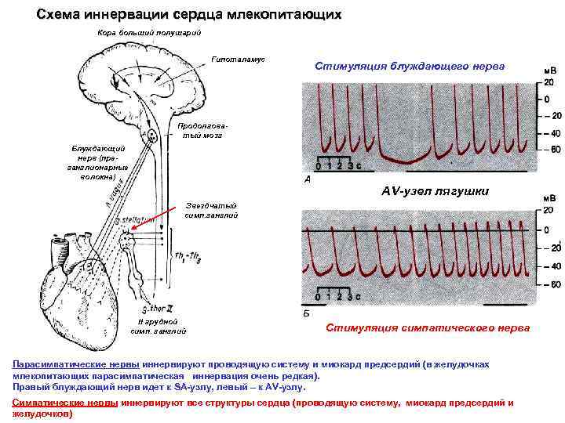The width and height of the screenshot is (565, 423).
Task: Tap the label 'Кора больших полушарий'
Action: [149, 33]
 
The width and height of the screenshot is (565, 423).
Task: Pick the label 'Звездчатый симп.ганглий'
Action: [208, 209]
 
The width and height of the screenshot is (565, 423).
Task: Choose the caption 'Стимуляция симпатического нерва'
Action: [428, 327]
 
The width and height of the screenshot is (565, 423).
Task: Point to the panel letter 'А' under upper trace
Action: [307, 179]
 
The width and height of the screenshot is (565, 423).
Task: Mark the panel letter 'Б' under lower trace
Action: [307, 313]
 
